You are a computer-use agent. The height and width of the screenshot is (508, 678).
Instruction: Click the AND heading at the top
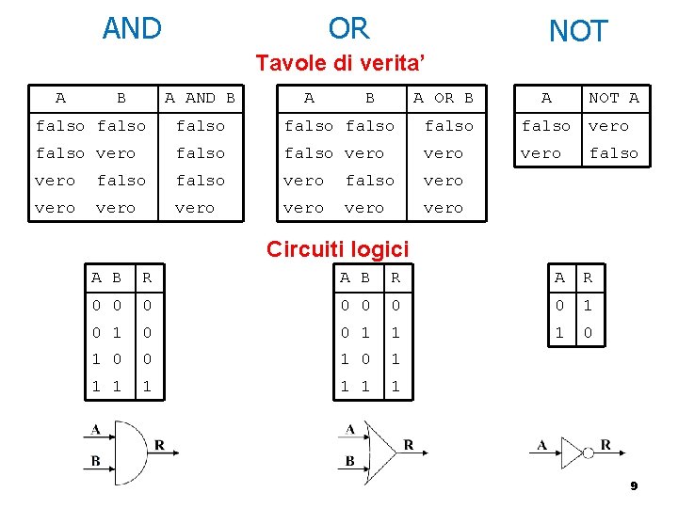coord(132,28)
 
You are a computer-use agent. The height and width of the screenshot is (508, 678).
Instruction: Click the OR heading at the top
coord(348,28)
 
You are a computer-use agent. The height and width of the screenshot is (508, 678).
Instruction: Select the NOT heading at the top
coord(578,31)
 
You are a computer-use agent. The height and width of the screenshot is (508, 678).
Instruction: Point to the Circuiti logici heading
coord(337,248)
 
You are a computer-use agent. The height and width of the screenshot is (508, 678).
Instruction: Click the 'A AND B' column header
coord(200,98)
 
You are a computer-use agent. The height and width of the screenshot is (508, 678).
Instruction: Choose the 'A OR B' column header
coord(444,98)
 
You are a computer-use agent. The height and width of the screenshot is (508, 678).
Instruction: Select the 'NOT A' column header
coord(613,98)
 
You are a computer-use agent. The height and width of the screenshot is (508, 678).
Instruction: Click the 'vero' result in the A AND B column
coord(195,207)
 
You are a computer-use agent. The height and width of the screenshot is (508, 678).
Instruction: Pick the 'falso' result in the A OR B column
coord(449,125)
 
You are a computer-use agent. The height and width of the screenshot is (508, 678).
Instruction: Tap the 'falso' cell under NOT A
coord(613,152)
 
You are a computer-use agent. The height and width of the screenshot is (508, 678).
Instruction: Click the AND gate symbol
coord(126,446)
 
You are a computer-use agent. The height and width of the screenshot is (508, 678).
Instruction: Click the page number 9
coord(634,485)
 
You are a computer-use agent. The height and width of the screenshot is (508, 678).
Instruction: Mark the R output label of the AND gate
coord(159,444)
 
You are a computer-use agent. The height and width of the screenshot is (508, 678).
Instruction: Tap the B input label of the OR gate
coord(350,461)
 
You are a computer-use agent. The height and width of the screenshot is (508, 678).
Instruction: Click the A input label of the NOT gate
coord(542,445)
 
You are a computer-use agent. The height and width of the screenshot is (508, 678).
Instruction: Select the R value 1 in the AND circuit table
coord(147,386)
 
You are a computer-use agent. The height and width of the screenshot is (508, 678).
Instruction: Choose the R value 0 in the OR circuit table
coord(395,305)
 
